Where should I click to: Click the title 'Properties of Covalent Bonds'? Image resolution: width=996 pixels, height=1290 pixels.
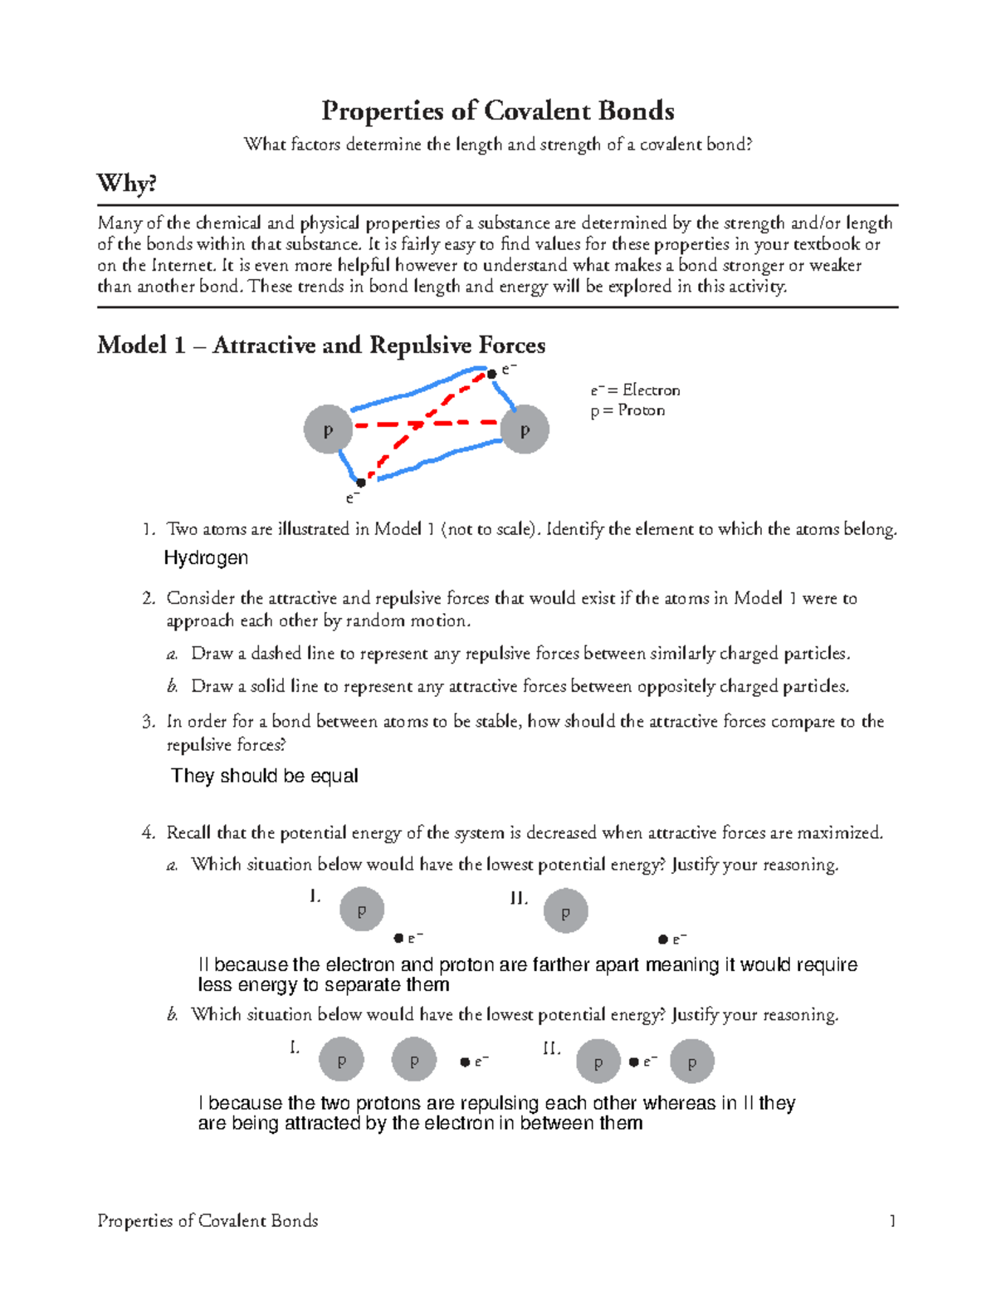point(497,110)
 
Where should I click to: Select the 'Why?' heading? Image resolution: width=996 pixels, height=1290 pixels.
point(126,183)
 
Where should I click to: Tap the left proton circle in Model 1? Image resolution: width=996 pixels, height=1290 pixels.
point(328,429)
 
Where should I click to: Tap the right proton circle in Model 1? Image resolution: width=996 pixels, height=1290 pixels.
point(524,429)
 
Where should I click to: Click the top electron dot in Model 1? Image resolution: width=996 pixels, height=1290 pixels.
point(491,374)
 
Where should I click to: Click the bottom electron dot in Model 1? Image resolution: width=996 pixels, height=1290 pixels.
point(361,483)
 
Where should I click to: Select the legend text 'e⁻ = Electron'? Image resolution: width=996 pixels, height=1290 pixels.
point(635,390)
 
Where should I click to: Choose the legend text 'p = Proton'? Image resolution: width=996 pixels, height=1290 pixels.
point(627,410)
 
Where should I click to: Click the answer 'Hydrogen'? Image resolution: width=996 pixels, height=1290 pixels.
point(206,558)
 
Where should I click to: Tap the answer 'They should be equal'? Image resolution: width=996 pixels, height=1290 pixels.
point(264,776)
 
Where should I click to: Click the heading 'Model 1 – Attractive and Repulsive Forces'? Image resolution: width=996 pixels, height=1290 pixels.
point(321,345)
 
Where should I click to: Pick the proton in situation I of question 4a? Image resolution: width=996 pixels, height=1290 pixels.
point(362,910)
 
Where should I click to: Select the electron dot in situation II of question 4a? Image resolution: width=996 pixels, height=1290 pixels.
point(663,939)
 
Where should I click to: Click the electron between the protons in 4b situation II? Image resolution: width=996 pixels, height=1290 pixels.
point(634,1062)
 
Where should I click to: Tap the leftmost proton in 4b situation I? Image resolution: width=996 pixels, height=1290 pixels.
point(341,1060)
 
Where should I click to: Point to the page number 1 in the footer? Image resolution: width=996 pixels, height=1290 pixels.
point(892,1220)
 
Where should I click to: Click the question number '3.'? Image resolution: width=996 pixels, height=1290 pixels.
point(149,722)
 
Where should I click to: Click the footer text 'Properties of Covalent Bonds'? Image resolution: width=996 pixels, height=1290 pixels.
point(207,1220)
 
